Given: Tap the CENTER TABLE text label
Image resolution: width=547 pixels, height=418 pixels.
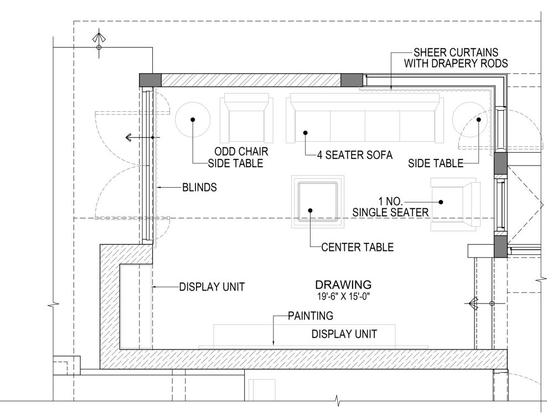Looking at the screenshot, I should (x=358, y=247).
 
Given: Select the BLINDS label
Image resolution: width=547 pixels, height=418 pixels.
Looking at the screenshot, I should (x=199, y=188).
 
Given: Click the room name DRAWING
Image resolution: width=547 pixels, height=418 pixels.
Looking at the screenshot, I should (x=343, y=285).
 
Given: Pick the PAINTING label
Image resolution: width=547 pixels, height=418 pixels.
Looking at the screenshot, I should (x=310, y=316).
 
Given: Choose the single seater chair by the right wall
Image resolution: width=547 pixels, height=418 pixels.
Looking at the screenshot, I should (x=455, y=204).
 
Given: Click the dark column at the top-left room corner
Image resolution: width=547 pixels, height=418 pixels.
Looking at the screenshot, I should (x=149, y=80).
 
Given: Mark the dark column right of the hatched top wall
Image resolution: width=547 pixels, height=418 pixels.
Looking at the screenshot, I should (x=351, y=80).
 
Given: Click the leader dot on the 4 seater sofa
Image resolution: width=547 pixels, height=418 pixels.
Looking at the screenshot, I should (x=305, y=132).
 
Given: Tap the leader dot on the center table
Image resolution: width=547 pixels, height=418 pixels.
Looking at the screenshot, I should (x=311, y=210).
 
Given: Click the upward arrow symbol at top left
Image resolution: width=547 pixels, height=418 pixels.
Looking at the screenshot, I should (x=99, y=39).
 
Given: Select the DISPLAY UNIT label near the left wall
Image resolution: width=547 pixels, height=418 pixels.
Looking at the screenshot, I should (x=211, y=287).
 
